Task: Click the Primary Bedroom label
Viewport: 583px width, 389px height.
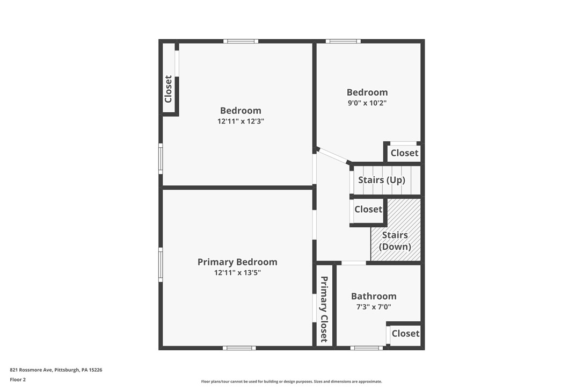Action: (x=237, y=262)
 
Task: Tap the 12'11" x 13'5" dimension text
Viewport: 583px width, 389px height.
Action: (x=237, y=273)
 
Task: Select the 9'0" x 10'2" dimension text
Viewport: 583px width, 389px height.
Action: (x=367, y=103)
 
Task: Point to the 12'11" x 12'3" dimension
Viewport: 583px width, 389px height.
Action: (x=241, y=121)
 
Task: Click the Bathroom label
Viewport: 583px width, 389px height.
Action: (x=374, y=296)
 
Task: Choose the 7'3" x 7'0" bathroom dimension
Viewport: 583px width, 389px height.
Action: (x=374, y=307)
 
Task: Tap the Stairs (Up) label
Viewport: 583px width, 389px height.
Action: (x=382, y=180)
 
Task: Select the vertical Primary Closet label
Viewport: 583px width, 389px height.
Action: (x=324, y=309)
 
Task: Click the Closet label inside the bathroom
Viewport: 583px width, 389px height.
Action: (x=405, y=334)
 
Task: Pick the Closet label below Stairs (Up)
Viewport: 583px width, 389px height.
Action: (x=368, y=210)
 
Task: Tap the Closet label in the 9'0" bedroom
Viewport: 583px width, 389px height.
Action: (x=404, y=153)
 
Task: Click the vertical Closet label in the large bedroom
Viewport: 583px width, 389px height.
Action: (x=169, y=89)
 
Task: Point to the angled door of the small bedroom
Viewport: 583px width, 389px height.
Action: (x=333, y=155)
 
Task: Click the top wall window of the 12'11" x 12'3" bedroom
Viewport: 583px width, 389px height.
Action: (x=241, y=41)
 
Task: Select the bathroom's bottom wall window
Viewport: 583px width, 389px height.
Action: (x=367, y=348)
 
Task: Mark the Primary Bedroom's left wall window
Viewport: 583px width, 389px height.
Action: (x=161, y=264)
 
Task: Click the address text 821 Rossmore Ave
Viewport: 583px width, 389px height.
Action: (x=56, y=370)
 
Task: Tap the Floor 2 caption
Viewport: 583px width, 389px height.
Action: (x=18, y=379)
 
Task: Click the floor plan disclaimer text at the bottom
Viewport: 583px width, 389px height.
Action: (x=291, y=381)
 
